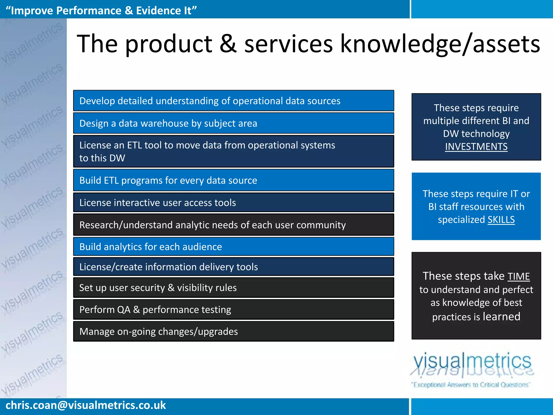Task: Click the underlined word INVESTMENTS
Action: point(476,147)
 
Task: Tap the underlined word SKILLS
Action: point(501,220)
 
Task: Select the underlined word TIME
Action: point(518,276)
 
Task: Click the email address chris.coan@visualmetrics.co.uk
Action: point(86,405)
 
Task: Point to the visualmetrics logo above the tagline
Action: point(472,363)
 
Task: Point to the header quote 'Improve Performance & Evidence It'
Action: point(101,10)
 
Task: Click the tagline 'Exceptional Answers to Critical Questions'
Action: point(471,385)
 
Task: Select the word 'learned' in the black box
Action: point(501,316)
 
